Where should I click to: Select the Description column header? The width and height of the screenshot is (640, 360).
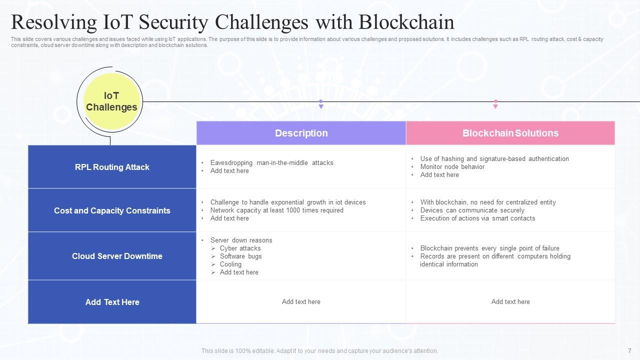click(301, 133)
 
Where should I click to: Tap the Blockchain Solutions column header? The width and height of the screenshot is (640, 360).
click(510, 133)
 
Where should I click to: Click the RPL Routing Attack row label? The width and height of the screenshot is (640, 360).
click(112, 167)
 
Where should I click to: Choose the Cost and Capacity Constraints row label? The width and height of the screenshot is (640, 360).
click(112, 210)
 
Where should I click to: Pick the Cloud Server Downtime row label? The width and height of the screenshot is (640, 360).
click(117, 256)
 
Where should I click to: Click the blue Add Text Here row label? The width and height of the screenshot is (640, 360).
click(112, 302)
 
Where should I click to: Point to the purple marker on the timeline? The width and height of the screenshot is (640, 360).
click(321, 104)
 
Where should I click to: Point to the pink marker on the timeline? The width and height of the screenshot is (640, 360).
click(495, 104)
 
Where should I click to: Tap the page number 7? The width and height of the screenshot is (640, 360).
click(629, 351)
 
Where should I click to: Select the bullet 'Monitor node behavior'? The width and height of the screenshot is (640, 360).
click(452, 167)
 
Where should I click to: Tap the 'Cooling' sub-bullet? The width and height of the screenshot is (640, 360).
click(230, 264)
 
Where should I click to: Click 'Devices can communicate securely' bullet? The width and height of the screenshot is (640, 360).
click(472, 210)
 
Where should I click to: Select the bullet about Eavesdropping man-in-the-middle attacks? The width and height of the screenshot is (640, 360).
click(271, 163)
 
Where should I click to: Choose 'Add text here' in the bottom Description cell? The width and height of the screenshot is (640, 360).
click(301, 302)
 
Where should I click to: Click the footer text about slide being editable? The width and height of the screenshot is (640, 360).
click(319, 351)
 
